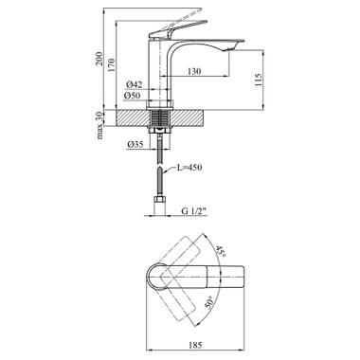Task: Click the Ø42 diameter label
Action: pos(135,84)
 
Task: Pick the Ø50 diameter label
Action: pos(135,97)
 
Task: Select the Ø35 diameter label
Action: pos(135,146)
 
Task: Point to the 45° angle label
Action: pos(220,253)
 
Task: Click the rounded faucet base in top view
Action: pos(158,279)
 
